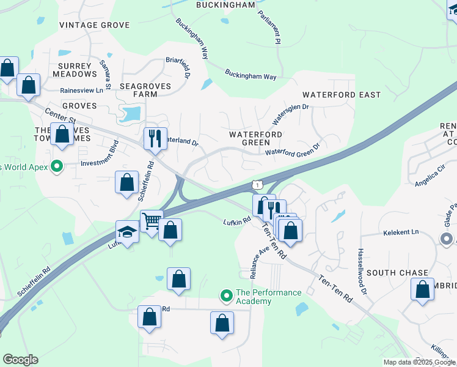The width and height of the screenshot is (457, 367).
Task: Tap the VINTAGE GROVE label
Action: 95,25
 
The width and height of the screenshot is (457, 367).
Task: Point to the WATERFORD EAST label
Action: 342,95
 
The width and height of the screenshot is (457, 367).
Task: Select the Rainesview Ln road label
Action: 81,90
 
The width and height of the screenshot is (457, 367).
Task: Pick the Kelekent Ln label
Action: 401,232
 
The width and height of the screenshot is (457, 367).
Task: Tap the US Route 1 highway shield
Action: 257,184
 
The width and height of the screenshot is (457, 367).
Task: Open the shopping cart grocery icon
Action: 152,220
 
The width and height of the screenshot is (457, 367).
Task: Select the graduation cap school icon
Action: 127,232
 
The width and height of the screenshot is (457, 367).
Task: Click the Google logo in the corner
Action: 20,360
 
